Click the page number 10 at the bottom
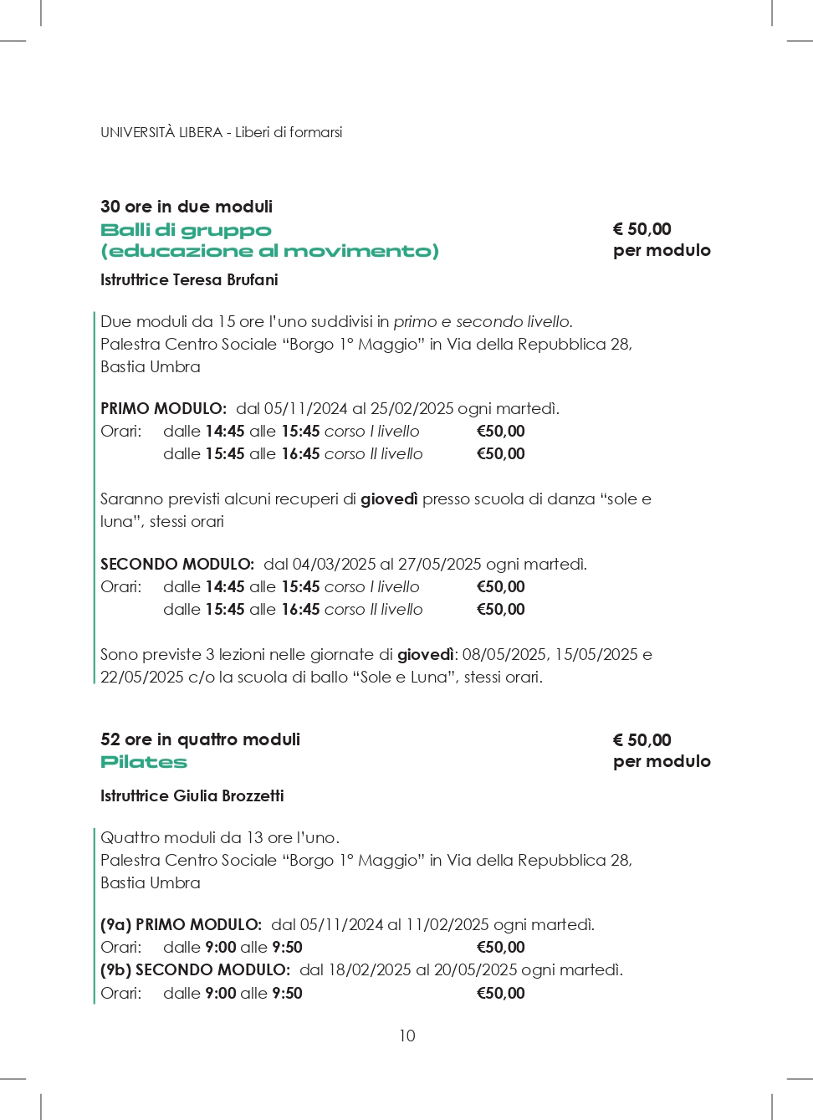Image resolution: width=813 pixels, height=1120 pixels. point(406,1036)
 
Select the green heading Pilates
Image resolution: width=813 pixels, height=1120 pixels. point(144,762)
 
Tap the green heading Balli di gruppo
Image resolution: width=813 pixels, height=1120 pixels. point(186,230)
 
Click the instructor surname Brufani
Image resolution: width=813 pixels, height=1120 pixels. point(252,279)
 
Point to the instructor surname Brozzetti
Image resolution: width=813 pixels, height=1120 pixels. point(253,795)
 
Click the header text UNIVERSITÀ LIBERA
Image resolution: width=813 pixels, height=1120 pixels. point(161,132)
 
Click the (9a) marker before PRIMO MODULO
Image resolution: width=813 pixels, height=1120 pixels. point(115,924)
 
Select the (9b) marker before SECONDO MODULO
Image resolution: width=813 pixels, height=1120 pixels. point(115,969)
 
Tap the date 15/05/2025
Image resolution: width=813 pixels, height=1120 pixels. point(596,654)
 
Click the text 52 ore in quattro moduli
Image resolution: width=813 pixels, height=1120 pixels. point(200,739)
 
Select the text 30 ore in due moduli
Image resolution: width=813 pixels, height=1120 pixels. point(187,207)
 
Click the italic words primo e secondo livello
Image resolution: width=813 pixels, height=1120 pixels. point(483,321)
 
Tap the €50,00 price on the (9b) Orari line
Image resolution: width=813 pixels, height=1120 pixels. point(500,993)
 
